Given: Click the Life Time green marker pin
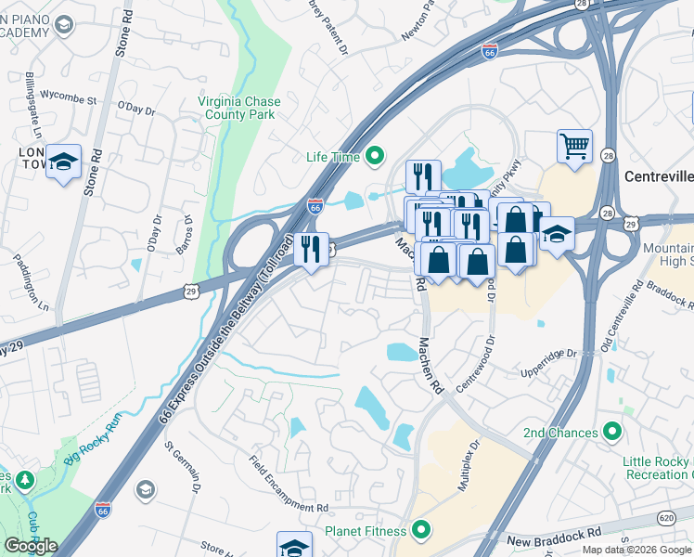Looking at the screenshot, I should click(x=375, y=157).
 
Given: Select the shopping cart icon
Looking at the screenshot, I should click(x=574, y=146).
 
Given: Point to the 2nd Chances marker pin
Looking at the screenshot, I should click(x=611, y=433).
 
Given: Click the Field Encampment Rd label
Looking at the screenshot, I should click(x=289, y=483).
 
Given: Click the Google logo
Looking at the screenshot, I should click(x=30, y=546).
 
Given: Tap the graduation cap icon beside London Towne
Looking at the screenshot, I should click(x=63, y=162).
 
